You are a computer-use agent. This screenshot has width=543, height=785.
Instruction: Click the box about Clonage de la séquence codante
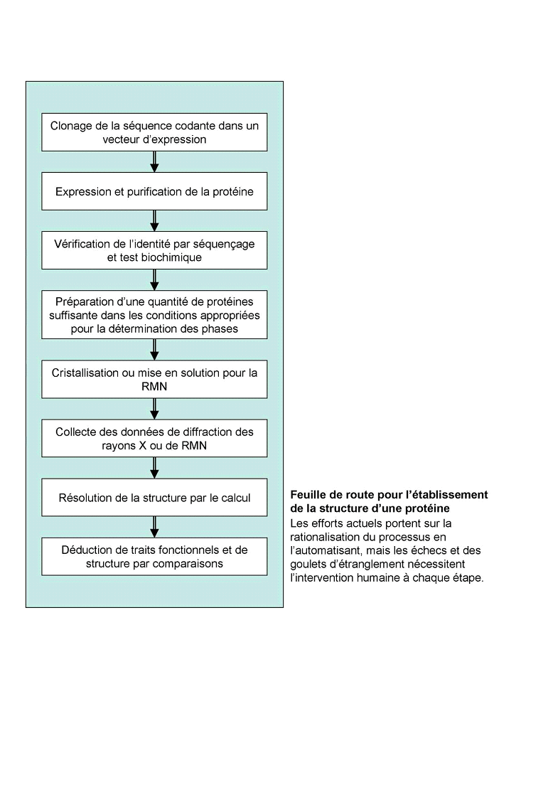[x=154, y=132]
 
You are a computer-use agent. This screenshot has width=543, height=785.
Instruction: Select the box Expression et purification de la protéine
[x=154, y=191]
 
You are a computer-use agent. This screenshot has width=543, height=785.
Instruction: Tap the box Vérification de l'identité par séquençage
[x=154, y=250]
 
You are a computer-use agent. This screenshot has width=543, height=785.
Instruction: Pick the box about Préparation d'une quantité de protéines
[x=154, y=314]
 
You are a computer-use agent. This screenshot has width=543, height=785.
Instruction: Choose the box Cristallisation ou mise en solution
[x=154, y=379]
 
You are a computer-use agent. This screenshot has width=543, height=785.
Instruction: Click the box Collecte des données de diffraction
[x=154, y=438]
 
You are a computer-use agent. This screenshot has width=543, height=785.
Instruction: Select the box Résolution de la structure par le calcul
[x=154, y=497]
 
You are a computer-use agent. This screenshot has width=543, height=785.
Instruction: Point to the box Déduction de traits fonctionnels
[x=154, y=557]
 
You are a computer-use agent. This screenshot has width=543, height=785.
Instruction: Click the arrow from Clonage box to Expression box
[x=154, y=161]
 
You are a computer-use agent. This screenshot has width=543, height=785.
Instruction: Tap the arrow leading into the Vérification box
[x=154, y=220]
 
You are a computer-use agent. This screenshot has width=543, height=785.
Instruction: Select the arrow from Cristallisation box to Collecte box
[x=154, y=408]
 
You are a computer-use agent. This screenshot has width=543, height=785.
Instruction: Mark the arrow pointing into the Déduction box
[x=154, y=527]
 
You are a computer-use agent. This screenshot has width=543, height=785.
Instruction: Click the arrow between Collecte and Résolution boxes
[x=154, y=467]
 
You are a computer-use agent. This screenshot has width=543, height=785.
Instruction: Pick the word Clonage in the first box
[x=72, y=126]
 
